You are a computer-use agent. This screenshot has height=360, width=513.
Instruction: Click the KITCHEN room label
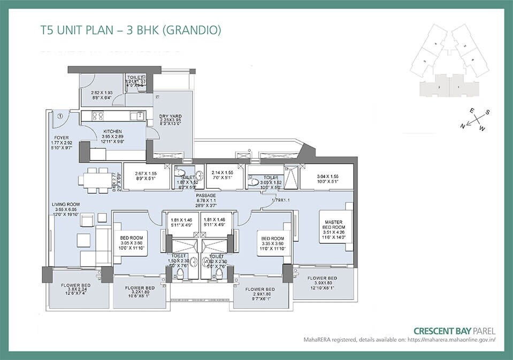[112, 131]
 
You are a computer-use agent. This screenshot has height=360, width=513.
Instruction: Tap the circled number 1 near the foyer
[60, 116]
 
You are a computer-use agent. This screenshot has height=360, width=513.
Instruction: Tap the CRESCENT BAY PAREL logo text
[455, 331]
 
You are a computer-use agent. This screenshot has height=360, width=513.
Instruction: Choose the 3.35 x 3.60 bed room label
[271, 241]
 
